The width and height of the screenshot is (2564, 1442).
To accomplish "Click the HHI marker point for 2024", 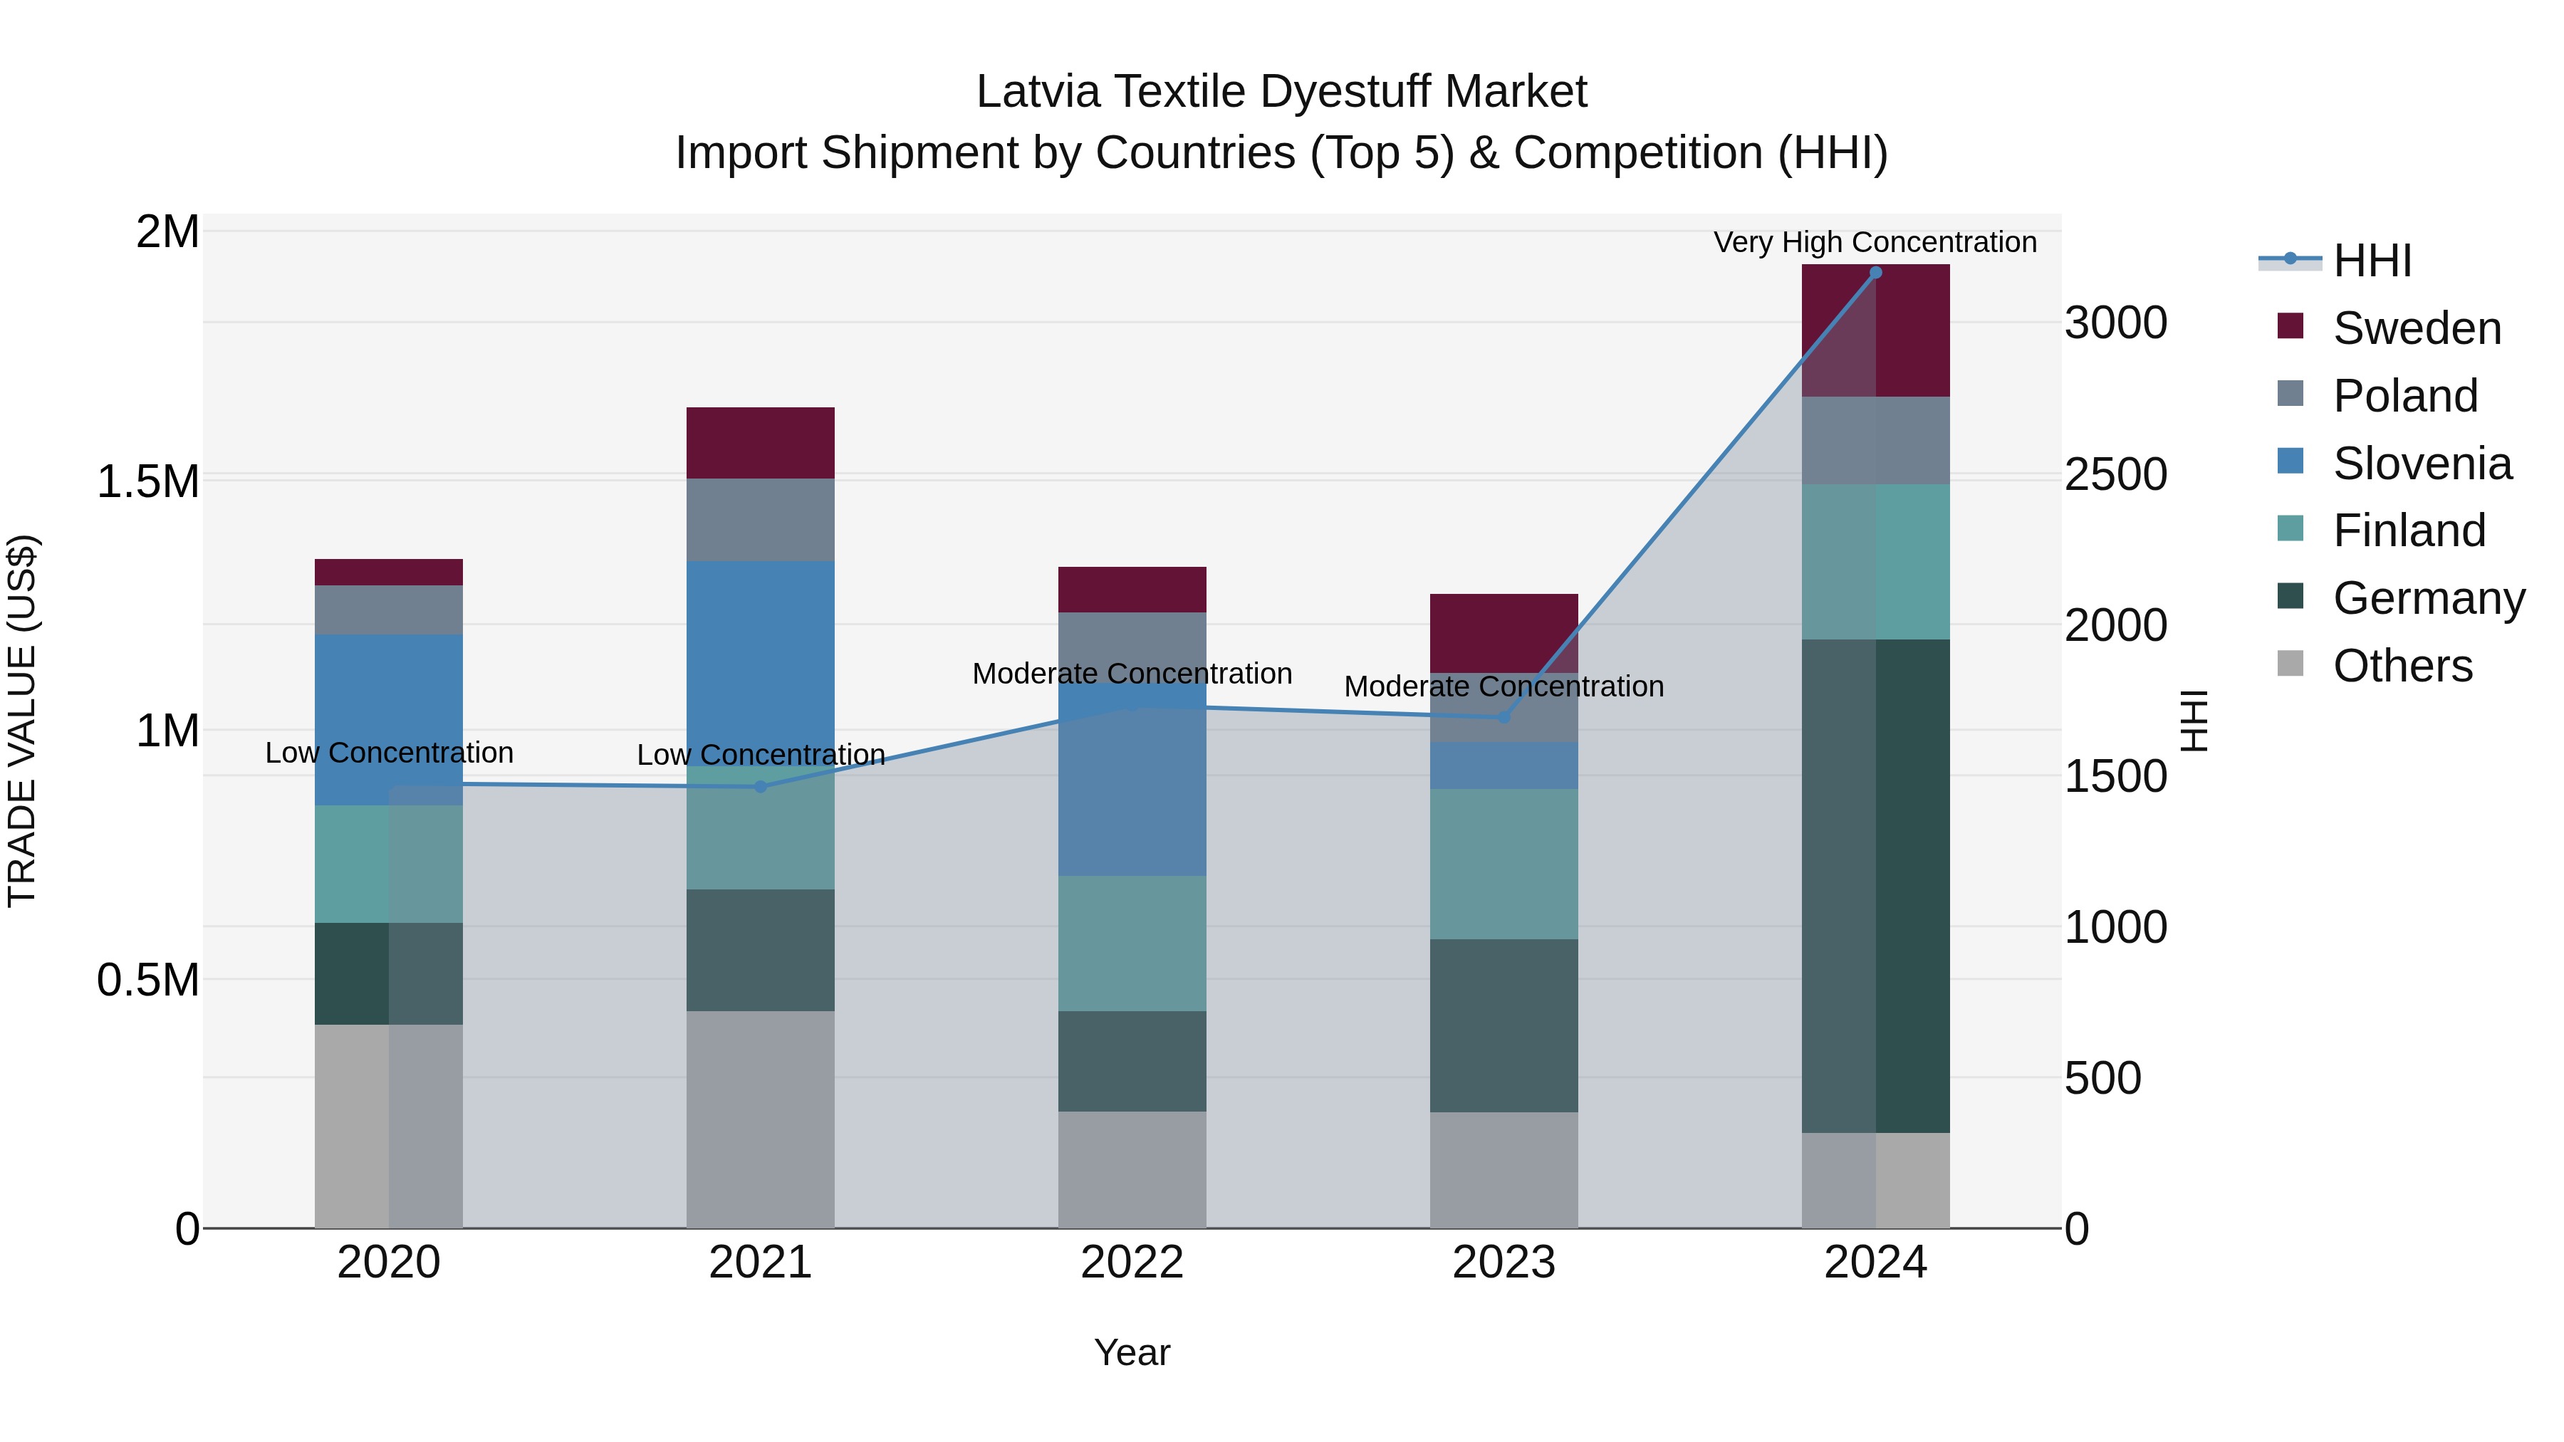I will pyautogui.click(x=1875, y=272).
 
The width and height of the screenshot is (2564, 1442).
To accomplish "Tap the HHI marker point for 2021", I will pyautogui.click(x=761, y=786).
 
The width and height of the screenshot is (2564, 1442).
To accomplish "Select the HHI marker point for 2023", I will pyautogui.click(x=1504, y=716).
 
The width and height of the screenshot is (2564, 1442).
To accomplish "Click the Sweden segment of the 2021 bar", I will pyautogui.click(x=761, y=443).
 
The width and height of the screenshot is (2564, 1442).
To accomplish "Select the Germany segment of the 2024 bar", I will pyautogui.click(x=1875, y=886).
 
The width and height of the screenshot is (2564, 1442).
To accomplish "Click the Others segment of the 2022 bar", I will pyautogui.click(x=1132, y=1169).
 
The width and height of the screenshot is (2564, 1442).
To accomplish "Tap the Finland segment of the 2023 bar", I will pyautogui.click(x=1504, y=864).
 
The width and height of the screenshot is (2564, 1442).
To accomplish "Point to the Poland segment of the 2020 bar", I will pyautogui.click(x=388, y=609).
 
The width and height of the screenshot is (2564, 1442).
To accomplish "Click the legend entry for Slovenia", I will pyautogui.click(x=2421, y=464).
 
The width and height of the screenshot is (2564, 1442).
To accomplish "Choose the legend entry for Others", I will pyautogui.click(x=2401, y=666).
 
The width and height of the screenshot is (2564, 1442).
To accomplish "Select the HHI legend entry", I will pyautogui.click(x=2371, y=261).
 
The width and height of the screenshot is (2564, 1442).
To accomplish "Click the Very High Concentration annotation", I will pyautogui.click(x=1875, y=242).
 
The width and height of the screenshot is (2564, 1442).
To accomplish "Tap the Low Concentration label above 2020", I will pyautogui.click(x=388, y=753).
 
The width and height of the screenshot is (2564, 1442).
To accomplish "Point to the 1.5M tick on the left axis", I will pyautogui.click(x=147, y=481).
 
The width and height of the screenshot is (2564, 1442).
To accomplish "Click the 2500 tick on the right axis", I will pyautogui.click(x=2115, y=475).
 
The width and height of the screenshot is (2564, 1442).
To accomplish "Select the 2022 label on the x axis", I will pyautogui.click(x=1132, y=1263).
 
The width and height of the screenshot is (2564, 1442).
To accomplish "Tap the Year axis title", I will pyautogui.click(x=1132, y=1352).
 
